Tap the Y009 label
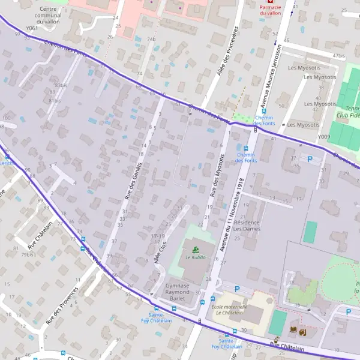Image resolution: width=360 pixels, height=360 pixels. [324, 137]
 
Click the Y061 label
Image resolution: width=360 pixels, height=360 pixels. [32, 28]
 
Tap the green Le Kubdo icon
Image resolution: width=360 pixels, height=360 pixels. [195, 249]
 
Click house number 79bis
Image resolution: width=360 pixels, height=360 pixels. [28, 255]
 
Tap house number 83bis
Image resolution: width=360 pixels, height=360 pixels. [60, 86]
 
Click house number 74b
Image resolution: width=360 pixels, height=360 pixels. [151, 39]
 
